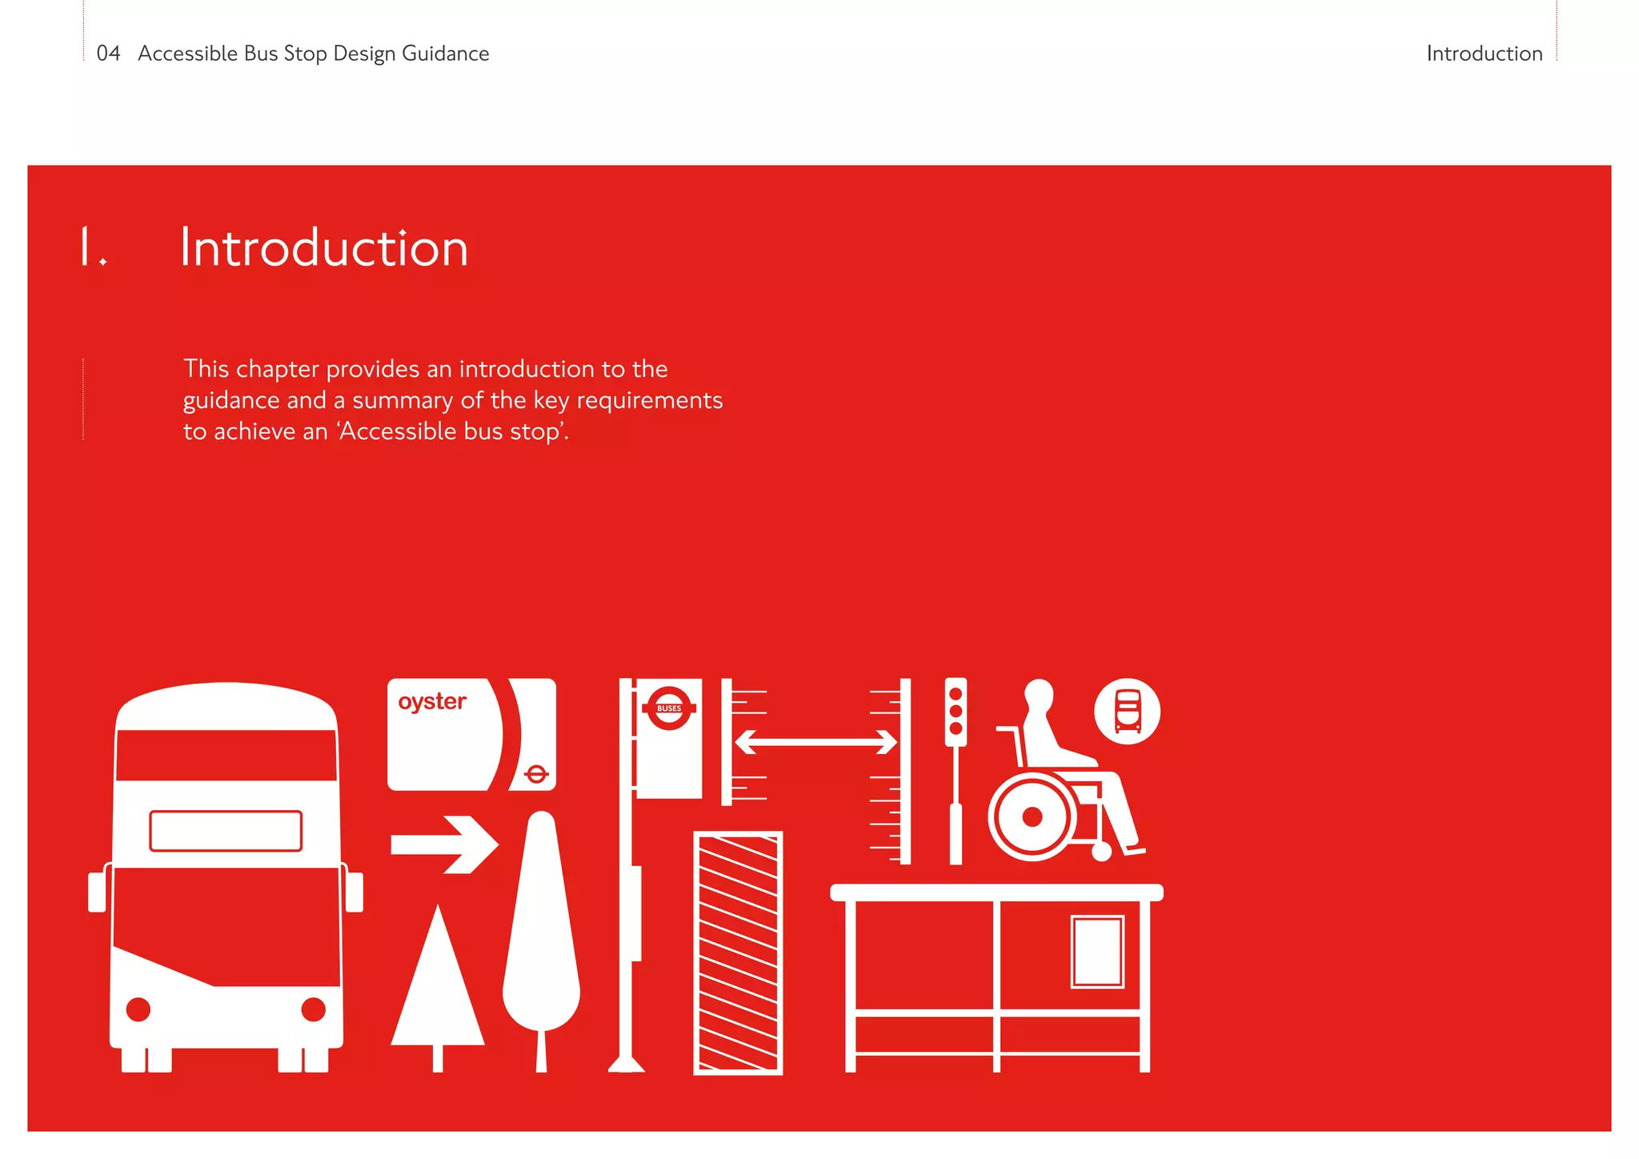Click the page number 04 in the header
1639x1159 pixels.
click(108, 54)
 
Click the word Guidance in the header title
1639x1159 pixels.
click(445, 54)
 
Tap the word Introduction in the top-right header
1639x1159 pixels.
click(1484, 54)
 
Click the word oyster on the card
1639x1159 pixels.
click(432, 702)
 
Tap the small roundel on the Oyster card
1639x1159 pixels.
click(536, 773)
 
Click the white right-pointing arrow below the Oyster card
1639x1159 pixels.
click(445, 844)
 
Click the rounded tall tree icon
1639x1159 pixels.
click(542, 928)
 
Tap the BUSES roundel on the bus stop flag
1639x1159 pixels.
click(669, 708)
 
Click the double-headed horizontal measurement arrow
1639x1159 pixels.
click(816, 742)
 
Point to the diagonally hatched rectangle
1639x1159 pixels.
click(738, 952)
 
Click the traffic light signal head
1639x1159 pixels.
click(956, 712)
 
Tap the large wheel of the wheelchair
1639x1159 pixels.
click(1032, 816)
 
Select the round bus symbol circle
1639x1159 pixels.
click(1127, 712)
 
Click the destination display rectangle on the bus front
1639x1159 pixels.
click(226, 831)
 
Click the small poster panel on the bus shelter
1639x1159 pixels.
click(1097, 951)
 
